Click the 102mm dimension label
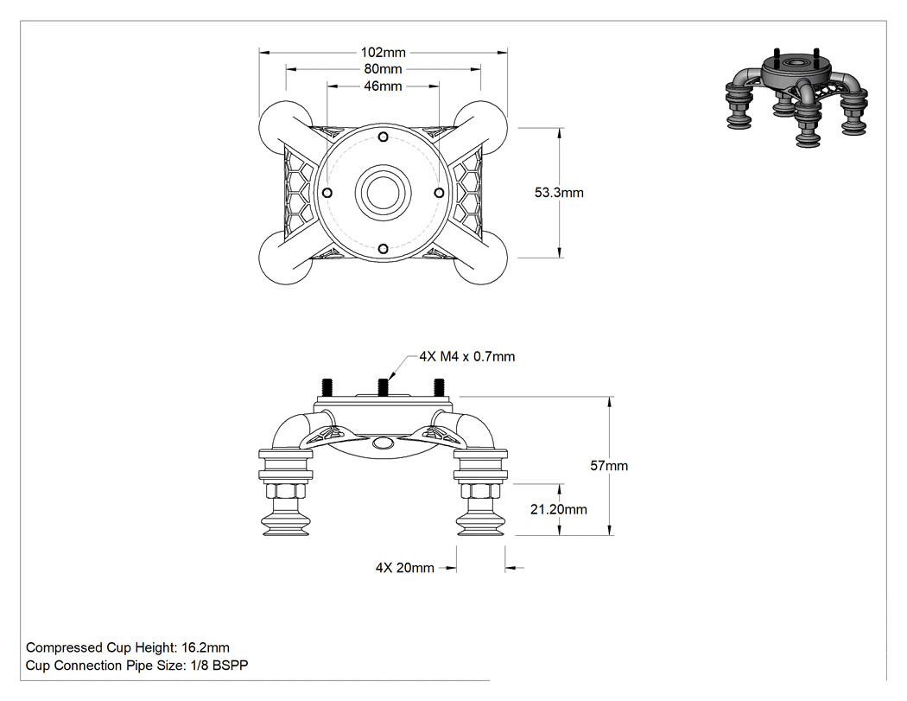[x=383, y=53]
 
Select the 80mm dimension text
[x=383, y=69]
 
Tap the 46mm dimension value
[x=383, y=86]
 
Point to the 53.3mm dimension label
[x=559, y=193]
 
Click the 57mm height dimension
[x=609, y=465]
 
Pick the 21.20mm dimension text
[x=559, y=509]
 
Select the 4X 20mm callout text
[x=405, y=568]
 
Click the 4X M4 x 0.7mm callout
[x=467, y=357]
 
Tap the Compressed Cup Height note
[x=128, y=647]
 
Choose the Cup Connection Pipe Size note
[x=137, y=666]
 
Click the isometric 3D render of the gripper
[x=797, y=98]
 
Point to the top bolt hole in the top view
[x=383, y=137]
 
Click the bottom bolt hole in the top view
[x=383, y=249]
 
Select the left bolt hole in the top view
[x=327, y=193]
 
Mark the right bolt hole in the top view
[x=439, y=193]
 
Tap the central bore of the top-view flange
[x=383, y=193]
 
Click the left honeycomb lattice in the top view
[x=299, y=193]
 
